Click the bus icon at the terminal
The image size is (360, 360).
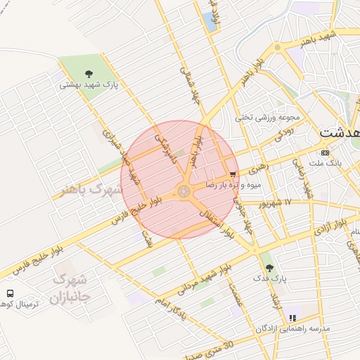coord(10,292)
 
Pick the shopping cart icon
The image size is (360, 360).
coord(233,174)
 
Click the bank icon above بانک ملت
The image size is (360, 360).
coord(324,152)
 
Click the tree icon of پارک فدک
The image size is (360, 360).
coord(268,267)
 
